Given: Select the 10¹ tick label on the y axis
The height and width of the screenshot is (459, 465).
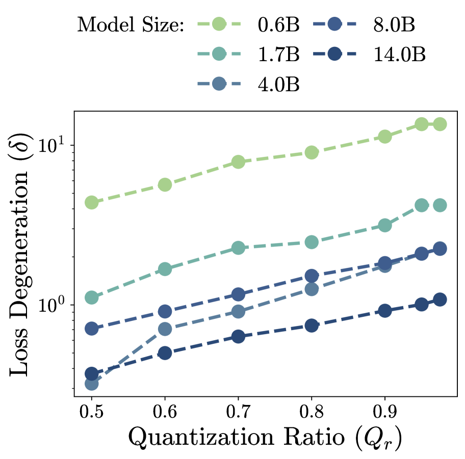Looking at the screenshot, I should pos(55,146).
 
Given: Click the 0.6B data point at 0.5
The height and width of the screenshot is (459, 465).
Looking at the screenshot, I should pos(92,202).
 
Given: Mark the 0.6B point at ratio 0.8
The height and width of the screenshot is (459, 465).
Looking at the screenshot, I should pos(312,152).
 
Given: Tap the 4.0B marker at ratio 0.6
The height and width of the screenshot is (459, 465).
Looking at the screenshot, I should pos(165,329).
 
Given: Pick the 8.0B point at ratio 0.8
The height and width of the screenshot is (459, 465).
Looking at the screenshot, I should pos(312,276).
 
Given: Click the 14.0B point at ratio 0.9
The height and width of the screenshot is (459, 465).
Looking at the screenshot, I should pos(385,311).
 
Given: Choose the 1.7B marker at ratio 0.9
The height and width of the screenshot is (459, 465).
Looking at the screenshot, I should pos(385,225).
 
